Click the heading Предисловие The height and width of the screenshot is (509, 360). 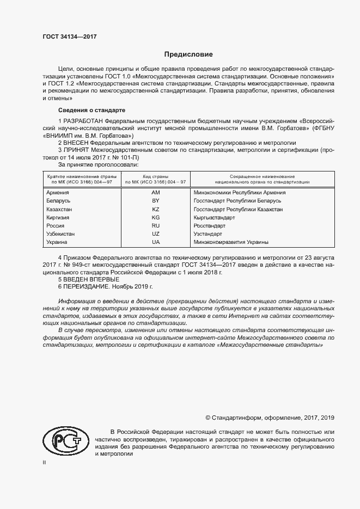pos(189,55)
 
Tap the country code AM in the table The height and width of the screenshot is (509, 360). pos(156,193)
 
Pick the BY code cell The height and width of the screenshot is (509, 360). pos(156,201)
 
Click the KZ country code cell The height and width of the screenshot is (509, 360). pos(156,209)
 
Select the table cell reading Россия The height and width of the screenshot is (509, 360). pos(56,225)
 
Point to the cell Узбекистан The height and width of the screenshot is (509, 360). pos(61,234)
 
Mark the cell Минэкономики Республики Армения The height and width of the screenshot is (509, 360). pos(240,193)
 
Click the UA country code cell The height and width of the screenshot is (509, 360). pos(156,242)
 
